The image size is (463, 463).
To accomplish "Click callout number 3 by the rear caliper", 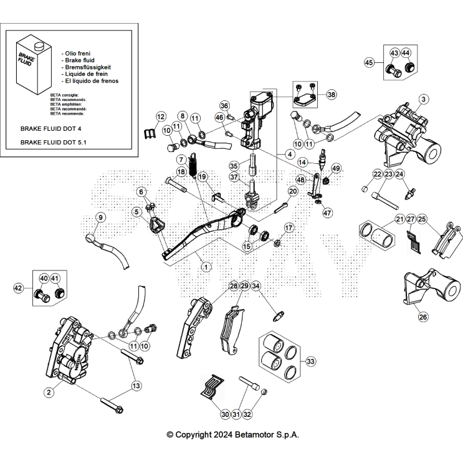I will point(423,99).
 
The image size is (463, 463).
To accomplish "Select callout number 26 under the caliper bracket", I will point(423,317).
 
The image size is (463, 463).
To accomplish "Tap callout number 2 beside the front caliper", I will point(47,392).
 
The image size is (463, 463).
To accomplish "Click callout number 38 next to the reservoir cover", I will point(331,95).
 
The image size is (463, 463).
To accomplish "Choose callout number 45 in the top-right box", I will point(369,62).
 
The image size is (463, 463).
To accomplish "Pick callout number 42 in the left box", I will point(19,288).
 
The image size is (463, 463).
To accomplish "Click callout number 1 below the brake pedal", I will point(206,266).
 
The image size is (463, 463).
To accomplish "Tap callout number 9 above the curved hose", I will point(101,217).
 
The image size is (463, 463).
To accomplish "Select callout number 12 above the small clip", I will point(160,117).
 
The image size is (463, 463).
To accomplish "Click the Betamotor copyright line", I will point(232,435).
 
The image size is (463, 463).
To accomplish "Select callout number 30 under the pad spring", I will point(225,414).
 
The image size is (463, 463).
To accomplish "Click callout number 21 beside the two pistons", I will point(399,219).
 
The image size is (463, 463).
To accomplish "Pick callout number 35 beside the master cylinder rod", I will point(234,166).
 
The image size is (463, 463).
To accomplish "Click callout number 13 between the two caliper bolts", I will point(136,386).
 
